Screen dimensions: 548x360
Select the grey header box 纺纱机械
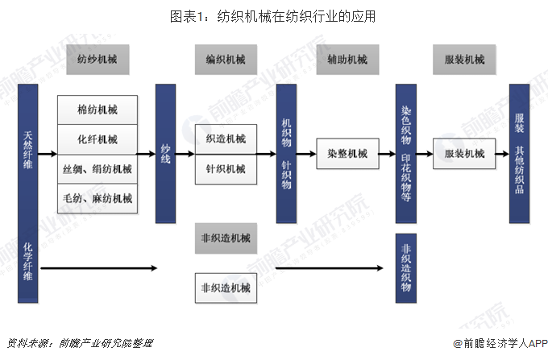[98, 60]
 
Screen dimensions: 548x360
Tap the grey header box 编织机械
[226, 60]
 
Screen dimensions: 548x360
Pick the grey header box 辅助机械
[348, 60]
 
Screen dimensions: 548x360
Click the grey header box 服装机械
[464, 60]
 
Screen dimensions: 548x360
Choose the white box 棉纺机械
[98, 110]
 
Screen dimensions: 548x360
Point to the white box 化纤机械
[98, 139]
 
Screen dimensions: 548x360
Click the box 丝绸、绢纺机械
[98, 169]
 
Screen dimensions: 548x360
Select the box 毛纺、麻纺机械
[98, 198]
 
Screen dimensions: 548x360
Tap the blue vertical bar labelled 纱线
[166, 153]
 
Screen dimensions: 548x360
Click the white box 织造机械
[226, 139]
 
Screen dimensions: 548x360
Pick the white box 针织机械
[226, 169]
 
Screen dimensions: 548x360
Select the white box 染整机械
[348, 154]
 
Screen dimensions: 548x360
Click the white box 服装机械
[464, 154]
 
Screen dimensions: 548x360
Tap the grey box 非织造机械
[226, 238]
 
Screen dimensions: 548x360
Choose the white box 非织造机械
[226, 288]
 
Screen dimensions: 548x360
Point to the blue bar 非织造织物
[405, 268]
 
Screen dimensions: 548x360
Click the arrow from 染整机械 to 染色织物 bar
[388, 154]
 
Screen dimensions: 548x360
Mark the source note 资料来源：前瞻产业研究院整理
[80, 343]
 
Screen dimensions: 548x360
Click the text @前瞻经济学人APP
[500, 344]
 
